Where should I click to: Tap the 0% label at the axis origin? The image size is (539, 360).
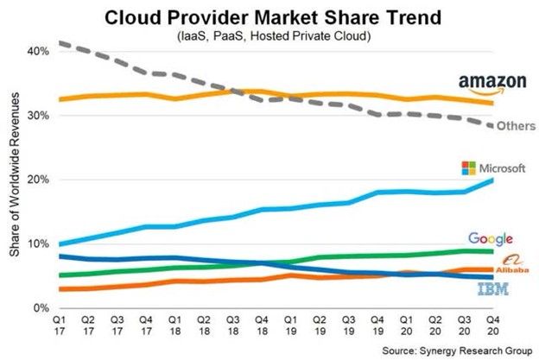tap(40, 308)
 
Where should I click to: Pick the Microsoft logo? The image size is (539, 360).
tap(494, 167)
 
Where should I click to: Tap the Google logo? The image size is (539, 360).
tap(491, 239)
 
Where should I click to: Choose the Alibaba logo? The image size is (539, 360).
tap(496, 266)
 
